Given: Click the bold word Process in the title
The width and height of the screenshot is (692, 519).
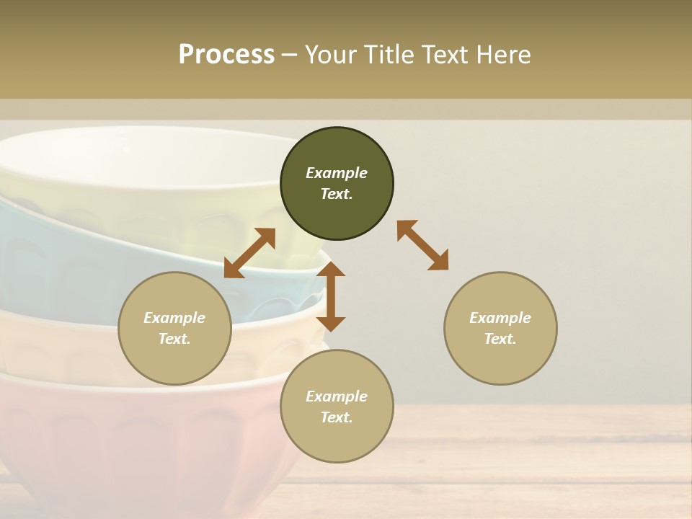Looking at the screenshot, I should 226,54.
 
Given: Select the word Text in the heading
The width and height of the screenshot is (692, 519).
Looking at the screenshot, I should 445,54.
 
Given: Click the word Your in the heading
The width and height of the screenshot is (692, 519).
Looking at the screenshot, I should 331,54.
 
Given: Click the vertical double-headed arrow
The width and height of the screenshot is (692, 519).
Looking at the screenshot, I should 331,297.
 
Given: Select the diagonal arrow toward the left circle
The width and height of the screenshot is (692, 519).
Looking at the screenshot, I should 249,253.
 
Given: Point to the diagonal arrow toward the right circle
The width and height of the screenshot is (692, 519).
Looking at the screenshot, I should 423,245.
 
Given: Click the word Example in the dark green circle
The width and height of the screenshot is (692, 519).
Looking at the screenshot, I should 337,173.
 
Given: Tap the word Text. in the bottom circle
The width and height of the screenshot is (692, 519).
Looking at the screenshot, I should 337,417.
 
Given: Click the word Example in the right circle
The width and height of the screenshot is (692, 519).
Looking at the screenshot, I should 500,318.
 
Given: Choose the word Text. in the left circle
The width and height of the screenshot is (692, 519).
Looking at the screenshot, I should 174,339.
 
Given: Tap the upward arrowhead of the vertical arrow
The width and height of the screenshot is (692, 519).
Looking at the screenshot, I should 331,270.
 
